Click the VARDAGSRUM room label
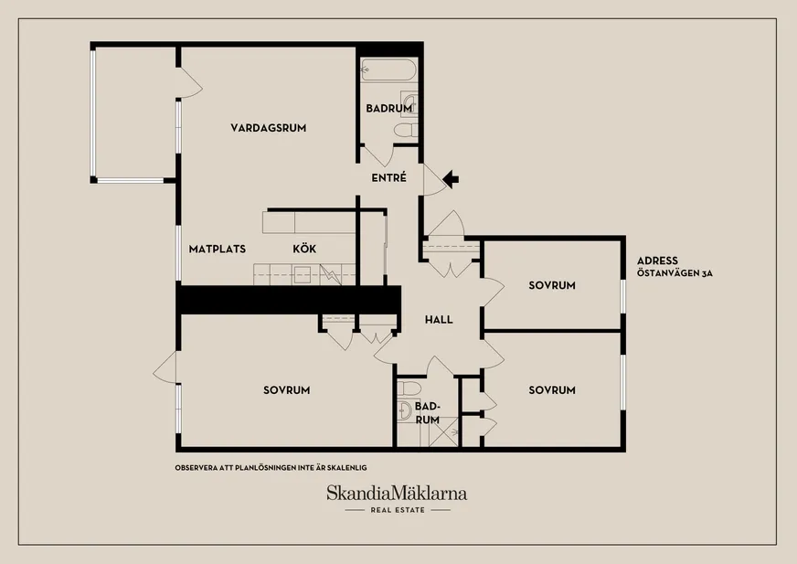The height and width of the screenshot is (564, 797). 269,128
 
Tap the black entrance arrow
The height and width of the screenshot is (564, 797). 451,179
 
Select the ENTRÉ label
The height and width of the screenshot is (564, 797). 388,177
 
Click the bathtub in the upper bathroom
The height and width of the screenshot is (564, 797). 388,70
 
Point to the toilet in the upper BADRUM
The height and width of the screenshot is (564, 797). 406,130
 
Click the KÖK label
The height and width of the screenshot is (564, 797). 304,249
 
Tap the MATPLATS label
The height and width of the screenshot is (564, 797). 217,250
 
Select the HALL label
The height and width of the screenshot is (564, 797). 439,320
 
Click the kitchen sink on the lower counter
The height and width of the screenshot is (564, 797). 302,274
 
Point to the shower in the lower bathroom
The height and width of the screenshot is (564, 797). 443,431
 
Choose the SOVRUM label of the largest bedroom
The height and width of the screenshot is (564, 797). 287,390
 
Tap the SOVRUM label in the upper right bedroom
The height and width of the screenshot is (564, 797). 552,285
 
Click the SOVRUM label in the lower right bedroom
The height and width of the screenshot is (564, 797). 552,390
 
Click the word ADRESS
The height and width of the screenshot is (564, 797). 657,261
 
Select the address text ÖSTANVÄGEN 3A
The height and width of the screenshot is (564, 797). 675,273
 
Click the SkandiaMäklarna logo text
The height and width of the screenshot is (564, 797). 397,493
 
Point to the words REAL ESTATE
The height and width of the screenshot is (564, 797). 398,509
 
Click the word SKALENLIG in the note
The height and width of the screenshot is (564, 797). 345,467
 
